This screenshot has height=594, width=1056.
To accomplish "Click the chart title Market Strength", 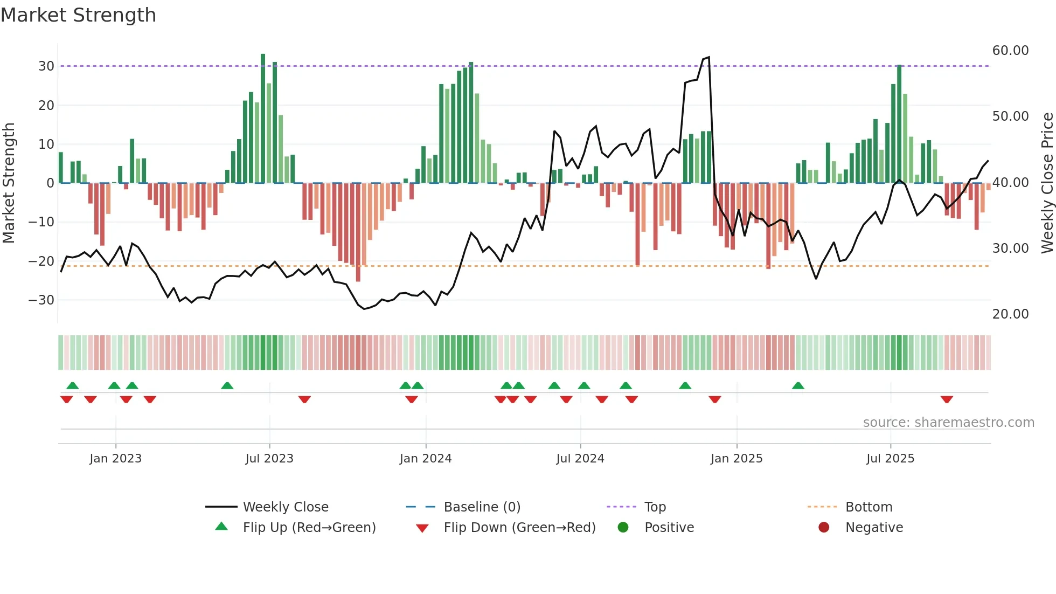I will pyautogui.click(x=78, y=15).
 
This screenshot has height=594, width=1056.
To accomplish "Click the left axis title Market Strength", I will pyautogui.click(x=9, y=183).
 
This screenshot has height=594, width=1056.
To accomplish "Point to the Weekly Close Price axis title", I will pyautogui.click(x=1047, y=183).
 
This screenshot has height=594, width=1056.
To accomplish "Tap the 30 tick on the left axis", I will pyautogui.click(x=46, y=66).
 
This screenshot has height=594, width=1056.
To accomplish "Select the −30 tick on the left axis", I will pyautogui.click(x=41, y=300).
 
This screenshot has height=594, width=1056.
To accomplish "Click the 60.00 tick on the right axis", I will pyautogui.click(x=1010, y=51).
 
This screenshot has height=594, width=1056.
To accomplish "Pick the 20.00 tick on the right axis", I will pyautogui.click(x=1010, y=314).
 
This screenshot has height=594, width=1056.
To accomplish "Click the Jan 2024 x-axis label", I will pyautogui.click(x=425, y=459).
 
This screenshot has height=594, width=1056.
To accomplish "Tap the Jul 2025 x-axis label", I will pyautogui.click(x=890, y=459).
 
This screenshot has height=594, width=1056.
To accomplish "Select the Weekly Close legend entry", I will pyautogui.click(x=285, y=507).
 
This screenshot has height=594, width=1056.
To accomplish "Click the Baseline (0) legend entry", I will pyautogui.click(x=482, y=507).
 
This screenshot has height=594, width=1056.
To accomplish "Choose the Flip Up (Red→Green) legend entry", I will pyautogui.click(x=309, y=528).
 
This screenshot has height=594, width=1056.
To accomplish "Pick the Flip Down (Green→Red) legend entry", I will pyautogui.click(x=519, y=528).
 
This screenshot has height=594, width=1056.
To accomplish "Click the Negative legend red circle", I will pyautogui.click(x=824, y=527).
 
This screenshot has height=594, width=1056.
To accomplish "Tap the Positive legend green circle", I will pyautogui.click(x=623, y=527).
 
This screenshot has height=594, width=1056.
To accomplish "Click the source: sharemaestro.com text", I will pyautogui.click(x=948, y=423).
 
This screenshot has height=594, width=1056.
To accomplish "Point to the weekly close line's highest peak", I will pyautogui.click(x=708, y=57).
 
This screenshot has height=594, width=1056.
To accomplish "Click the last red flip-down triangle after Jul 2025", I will pyautogui.click(x=947, y=399).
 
